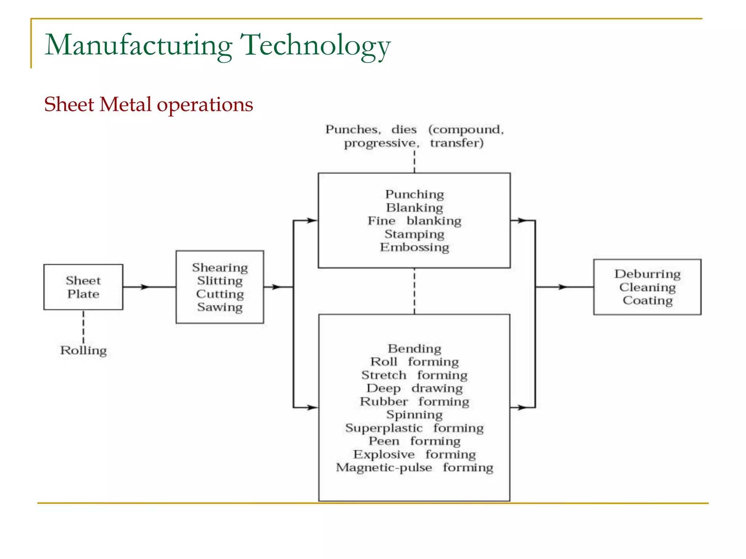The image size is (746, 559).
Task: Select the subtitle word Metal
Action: click(125, 104)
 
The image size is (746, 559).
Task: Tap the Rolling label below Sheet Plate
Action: click(83, 350)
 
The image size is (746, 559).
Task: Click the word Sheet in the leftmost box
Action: click(83, 281)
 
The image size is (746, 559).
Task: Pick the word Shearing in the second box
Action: click(220, 267)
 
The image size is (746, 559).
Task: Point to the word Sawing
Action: click(220, 307)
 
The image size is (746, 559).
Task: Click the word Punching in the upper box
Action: click(415, 194)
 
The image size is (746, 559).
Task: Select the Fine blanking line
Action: click(415, 221)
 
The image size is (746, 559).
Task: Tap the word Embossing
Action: click(415, 247)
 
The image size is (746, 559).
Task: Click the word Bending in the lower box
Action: click(415, 349)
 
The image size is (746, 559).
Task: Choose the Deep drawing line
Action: click(415, 388)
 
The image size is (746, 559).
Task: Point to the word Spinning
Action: click(415, 415)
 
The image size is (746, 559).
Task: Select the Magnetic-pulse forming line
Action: click(415, 467)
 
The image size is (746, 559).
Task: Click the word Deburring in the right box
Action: click(647, 274)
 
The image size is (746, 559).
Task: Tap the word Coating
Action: click(647, 301)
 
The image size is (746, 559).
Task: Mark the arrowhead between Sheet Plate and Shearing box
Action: click(145, 287)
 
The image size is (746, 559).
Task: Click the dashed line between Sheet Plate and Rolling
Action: click(83, 326)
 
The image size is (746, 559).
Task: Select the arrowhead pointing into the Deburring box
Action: click(563, 287)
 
